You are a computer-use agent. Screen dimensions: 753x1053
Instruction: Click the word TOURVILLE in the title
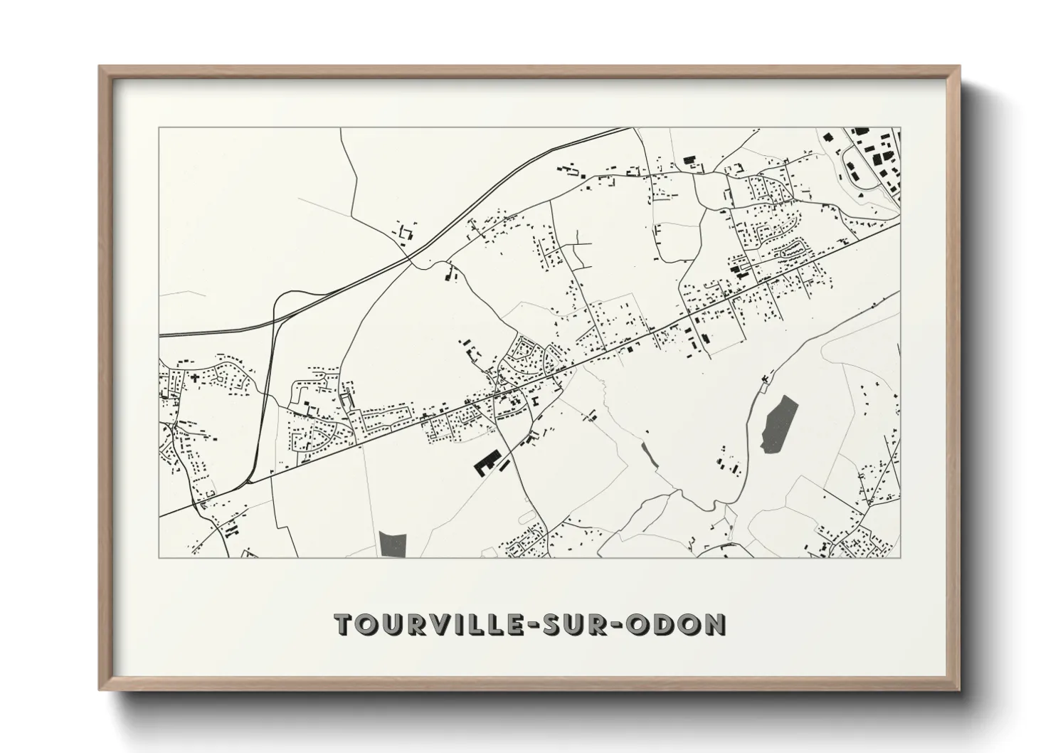coord(436,624)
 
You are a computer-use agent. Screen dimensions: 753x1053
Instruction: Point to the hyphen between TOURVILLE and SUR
coord(541,625)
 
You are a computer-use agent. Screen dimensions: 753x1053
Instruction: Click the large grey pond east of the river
coord(779,423)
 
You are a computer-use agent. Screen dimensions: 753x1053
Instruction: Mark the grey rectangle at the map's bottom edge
coord(393,544)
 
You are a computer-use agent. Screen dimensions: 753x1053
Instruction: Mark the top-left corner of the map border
coord(159,128)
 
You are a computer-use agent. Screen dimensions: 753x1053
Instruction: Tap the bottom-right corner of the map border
coord(901,557)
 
